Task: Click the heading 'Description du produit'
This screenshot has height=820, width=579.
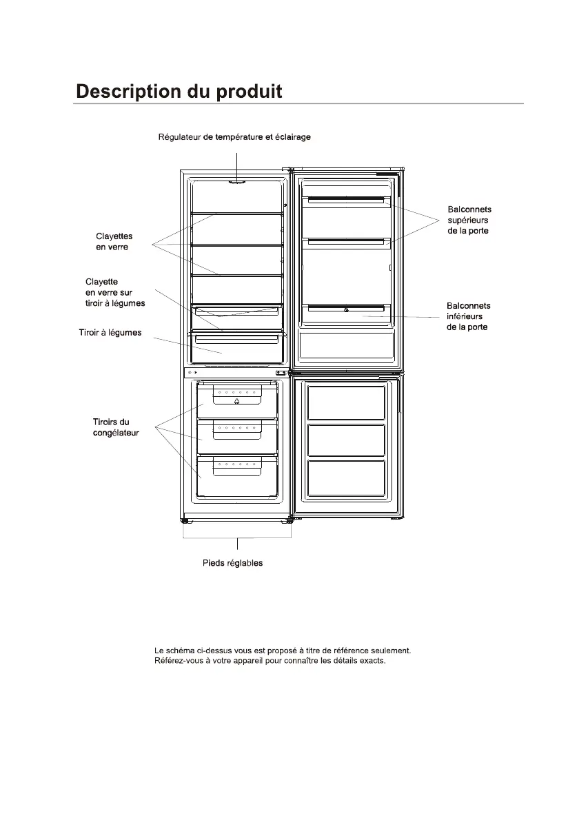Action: click(179, 92)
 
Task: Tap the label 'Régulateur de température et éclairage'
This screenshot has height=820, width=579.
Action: click(234, 137)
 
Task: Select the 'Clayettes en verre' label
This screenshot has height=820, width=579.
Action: click(114, 242)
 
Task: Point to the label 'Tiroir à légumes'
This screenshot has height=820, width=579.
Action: click(110, 333)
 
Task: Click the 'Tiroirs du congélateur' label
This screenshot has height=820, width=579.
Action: click(116, 427)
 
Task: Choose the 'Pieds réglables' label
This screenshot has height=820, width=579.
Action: click(232, 563)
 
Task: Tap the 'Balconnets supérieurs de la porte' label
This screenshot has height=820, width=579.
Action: click(469, 220)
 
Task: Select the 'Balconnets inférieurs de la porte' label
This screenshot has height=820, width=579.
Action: click(468, 316)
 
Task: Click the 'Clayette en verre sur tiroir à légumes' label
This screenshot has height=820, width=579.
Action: click(115, 292)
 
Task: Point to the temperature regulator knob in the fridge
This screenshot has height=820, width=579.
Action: click(237, 182)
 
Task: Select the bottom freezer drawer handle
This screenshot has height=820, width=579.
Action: click(236, 468)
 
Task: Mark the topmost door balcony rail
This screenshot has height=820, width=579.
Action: click(345, 200)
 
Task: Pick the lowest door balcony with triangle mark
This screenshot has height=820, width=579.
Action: click(345, 309)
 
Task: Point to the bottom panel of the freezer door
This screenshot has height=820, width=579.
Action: click(345, 478)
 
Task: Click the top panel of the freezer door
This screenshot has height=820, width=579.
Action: click(345, 403)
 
